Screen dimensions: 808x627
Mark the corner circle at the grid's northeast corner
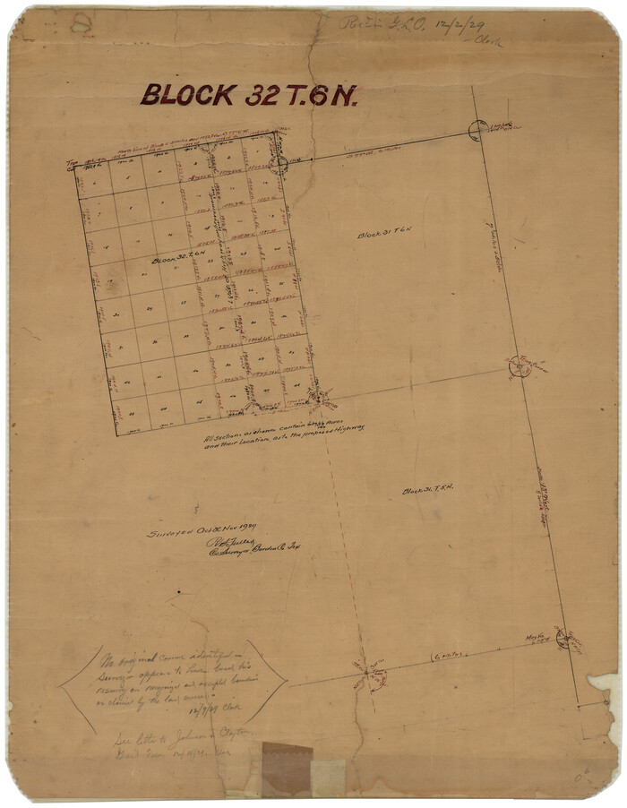[x=279, y=163]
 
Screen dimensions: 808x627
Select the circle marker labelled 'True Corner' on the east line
[x=519, y=367]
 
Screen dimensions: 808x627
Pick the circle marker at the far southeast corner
[x=563, y=638]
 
